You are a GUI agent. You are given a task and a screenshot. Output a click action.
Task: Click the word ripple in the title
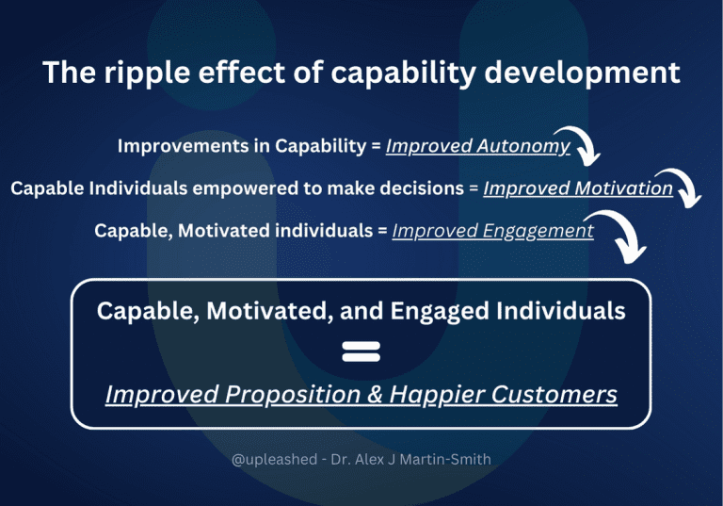coord(158,73)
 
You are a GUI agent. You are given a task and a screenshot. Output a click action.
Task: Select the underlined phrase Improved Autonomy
coord(477,146)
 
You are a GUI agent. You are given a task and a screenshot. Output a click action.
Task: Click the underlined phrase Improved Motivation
coord(577,188)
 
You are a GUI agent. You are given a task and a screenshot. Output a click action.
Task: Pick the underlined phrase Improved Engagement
coord(492,231)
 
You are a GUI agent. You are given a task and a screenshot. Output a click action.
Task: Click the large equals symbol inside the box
coord(361,351)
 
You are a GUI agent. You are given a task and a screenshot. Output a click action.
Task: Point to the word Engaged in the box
coord(415,311)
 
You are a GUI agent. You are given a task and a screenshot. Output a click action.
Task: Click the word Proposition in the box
coord(297,394)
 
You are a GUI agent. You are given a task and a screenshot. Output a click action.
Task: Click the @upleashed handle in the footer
coord(274,461)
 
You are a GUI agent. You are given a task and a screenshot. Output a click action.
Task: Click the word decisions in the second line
coord(418,188)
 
